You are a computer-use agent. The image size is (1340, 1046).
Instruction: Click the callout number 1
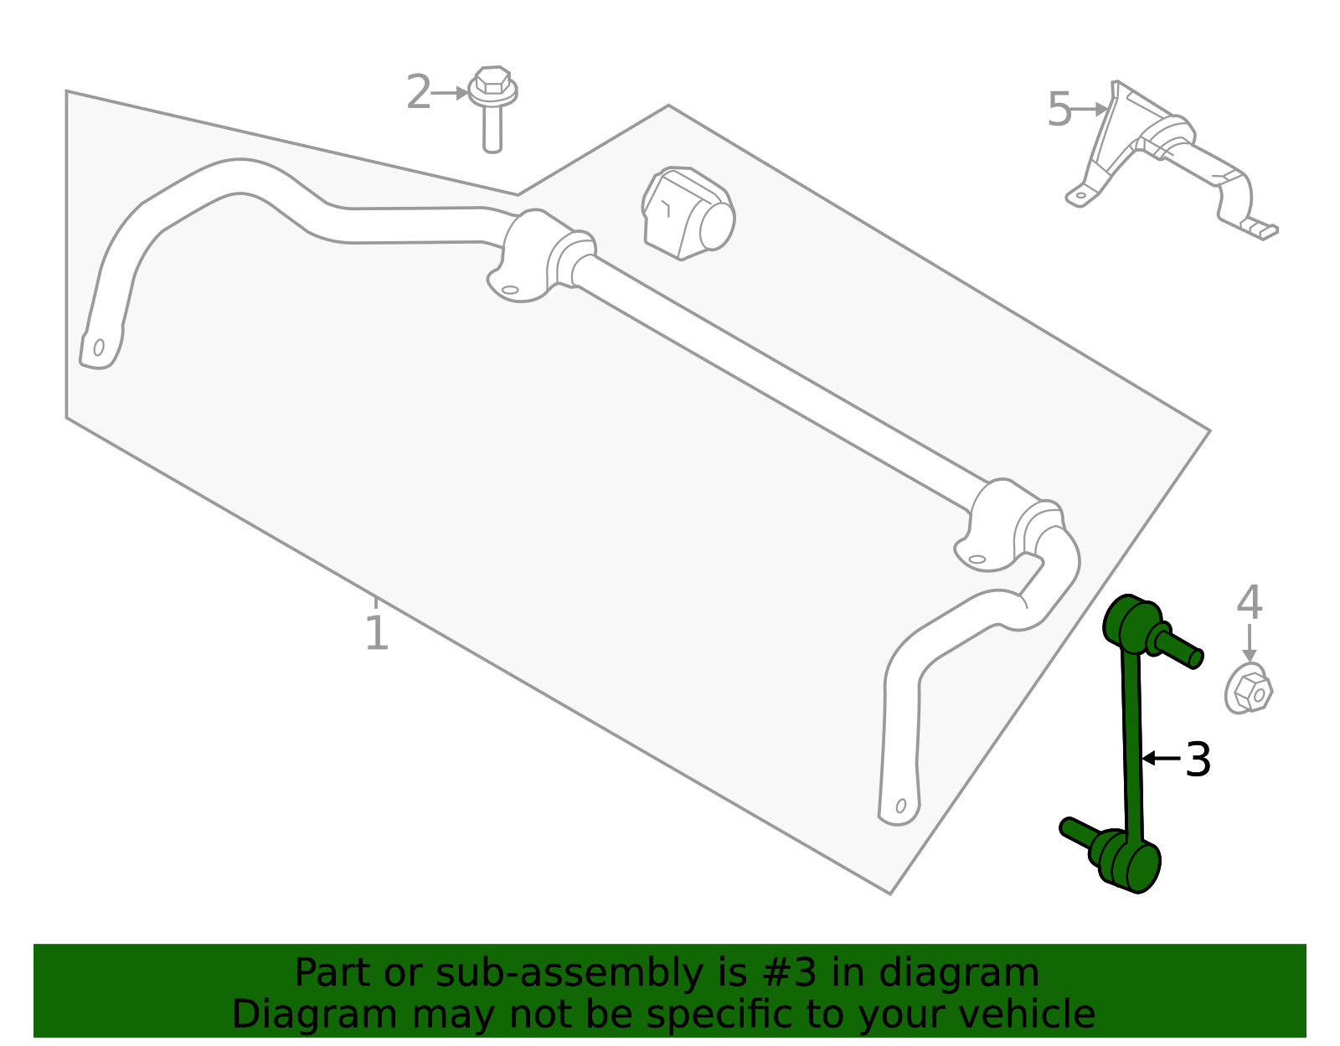(x=377, y=633)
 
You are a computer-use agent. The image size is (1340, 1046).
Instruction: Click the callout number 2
(x=418, y=92)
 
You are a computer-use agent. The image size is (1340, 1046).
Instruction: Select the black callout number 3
(x=1198, y=760)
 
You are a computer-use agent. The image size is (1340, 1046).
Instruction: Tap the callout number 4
(x=1249, y=603)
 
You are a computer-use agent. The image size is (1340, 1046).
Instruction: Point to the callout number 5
(x=1059, y=110)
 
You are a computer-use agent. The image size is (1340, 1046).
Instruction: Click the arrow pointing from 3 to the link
(x=1161, y=758)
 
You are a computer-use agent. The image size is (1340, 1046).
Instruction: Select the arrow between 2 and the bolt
(x=451, y=93)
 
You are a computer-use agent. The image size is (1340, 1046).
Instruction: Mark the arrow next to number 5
(x=1091, y=109)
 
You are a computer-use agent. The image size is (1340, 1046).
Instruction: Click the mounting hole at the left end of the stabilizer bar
(x=99, y=347)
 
